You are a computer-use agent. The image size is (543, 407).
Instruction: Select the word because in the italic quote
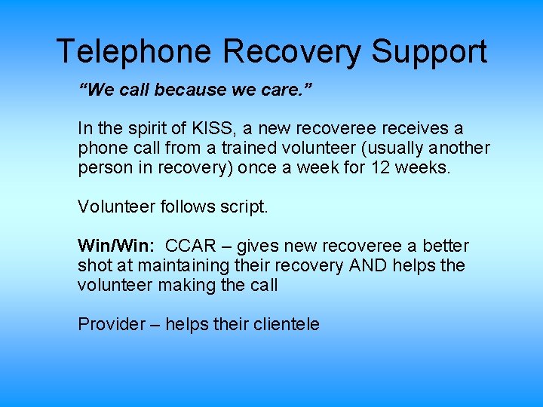click(x=192, y=90)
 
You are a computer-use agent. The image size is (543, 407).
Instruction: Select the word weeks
click(x=424, y=167)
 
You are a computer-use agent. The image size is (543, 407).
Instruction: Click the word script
click(x=245, y=207)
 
